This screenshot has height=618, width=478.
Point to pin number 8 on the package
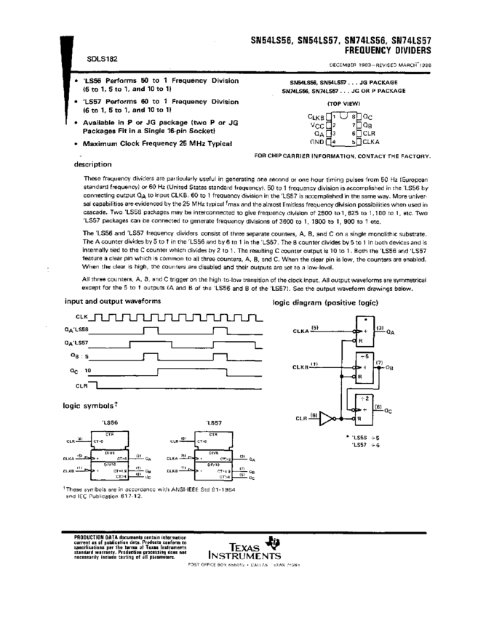coord(353,116)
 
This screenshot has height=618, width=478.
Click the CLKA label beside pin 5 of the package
coord(371,142)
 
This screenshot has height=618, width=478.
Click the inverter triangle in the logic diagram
coord(327,420)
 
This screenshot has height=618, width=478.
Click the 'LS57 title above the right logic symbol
coord(214,422)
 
